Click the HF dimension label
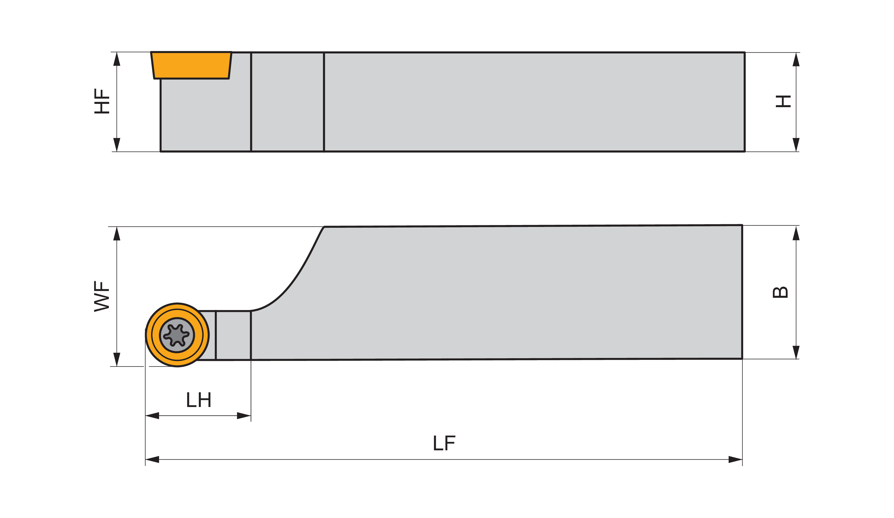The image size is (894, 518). [101, 101]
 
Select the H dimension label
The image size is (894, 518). [783, 101]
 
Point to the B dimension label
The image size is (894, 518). [780, 292]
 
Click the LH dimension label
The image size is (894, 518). [199, 400]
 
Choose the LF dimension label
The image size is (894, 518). [444, 443]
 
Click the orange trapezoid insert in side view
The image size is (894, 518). [191, 65]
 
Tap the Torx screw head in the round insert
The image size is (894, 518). [177, 335]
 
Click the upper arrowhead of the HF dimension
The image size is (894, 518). [117, 59]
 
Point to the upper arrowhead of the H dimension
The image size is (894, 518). [796, 59]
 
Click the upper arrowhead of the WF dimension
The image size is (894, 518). [117, 234]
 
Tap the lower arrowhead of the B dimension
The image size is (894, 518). [796, 352]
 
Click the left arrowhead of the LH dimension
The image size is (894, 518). [152, 415]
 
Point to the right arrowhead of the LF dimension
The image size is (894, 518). [735, 460]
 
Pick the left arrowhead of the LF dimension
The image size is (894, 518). [152, 460]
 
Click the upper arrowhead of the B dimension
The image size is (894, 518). [796, 234]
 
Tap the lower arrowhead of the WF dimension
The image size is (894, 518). [117, 359]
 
